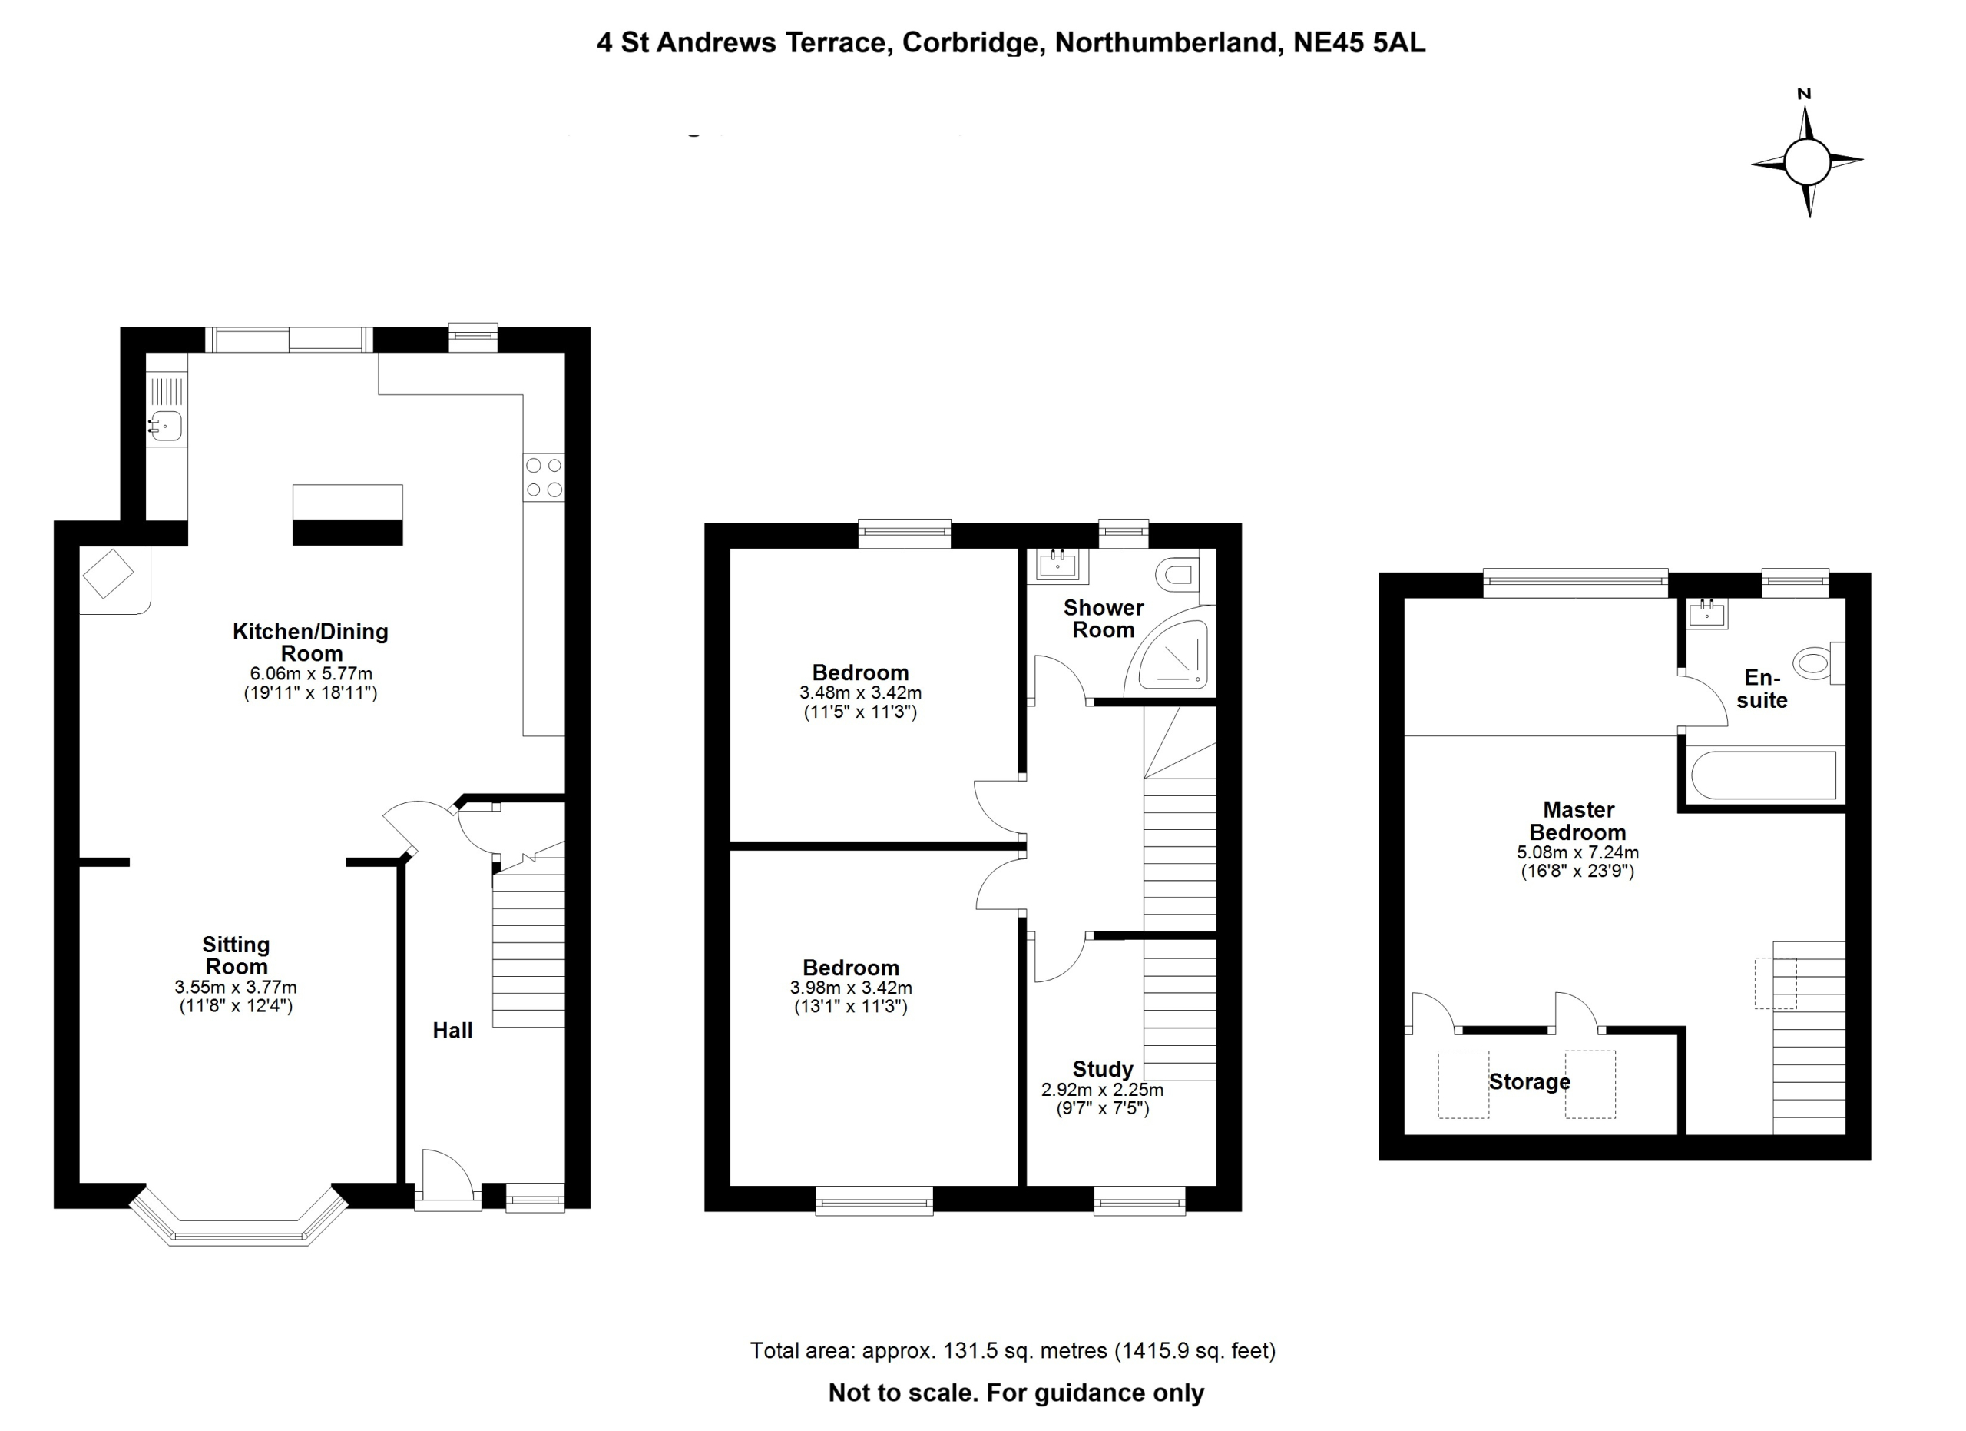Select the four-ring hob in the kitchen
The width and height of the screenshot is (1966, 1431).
pos(544,478)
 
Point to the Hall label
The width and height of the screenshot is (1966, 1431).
pos(452,1031)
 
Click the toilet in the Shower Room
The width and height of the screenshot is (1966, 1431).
pos(1179,574)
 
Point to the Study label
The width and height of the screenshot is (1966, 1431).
pos(1103,1068)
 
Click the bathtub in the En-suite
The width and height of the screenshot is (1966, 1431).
pos(1764,775)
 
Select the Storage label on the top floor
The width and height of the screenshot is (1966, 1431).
pos(1529,1081)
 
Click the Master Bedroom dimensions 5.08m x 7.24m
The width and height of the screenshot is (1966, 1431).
pos(1577,852)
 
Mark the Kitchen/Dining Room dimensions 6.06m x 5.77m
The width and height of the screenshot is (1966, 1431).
pos(311,674)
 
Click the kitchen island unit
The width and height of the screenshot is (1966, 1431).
pos(348,514)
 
